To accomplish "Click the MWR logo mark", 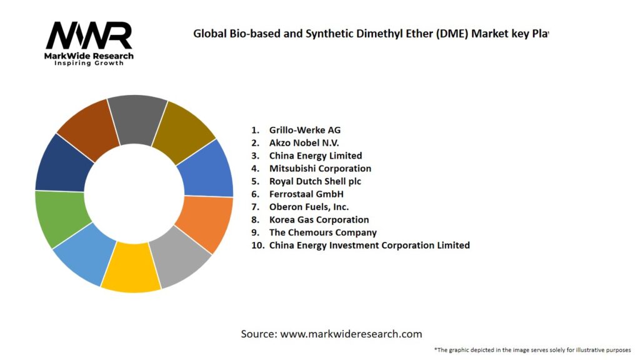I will click(89, 36).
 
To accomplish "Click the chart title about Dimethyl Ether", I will click(370, 34).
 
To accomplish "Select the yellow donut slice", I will click(131, 269).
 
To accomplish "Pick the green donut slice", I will click(59, 219).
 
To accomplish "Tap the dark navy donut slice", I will click(61, 164).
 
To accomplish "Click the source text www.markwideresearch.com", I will click(331, 334).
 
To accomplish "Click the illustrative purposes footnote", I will click(532, 350).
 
